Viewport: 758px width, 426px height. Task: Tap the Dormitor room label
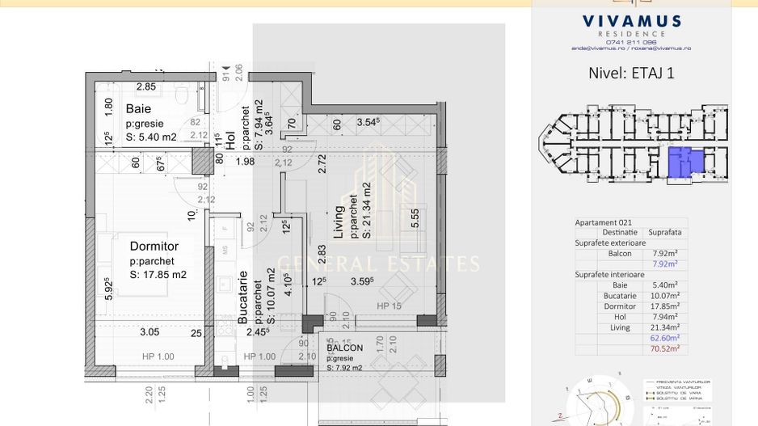pos(154,246)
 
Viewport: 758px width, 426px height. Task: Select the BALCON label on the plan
pos(344,348)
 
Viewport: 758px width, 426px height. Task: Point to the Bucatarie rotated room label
pos(242,297)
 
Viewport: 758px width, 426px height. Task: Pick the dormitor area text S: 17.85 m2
pos(158,275)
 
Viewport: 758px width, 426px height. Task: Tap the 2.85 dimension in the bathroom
pos(145,86)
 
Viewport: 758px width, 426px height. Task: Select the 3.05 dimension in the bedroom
pos(149,331)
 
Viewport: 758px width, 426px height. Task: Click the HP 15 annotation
pos(389,306)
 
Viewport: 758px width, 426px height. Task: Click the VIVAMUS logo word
pos(630,22)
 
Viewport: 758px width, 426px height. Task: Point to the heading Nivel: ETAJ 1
pos(631,73)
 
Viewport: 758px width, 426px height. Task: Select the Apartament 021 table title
pos(603,222)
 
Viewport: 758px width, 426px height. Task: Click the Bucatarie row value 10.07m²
pos(665,296)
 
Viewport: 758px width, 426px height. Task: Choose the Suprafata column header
pos(665,232)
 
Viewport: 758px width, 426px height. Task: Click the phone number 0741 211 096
pos(630,42)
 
